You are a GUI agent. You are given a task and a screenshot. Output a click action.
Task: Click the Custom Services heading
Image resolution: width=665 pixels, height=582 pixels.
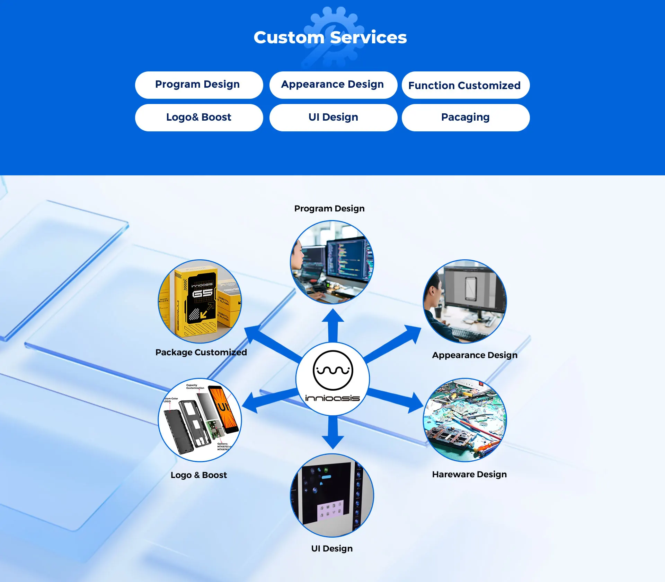(x=330, y=37)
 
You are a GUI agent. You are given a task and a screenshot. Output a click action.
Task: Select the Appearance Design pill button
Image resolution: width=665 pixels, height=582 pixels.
(x=333, y=85)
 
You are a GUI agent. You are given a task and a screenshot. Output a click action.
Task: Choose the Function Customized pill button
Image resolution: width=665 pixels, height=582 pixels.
(x=465, y=85)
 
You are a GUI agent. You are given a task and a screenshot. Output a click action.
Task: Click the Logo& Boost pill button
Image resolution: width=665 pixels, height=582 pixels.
(x=199, y=118)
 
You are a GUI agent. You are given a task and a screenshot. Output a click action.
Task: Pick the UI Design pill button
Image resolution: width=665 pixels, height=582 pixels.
(x=333, y=118)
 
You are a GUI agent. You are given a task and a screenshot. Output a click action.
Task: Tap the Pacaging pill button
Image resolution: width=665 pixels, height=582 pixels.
(x=465, y=118)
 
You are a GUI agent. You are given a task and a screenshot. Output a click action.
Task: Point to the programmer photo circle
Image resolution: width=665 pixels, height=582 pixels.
(x=332, y=262)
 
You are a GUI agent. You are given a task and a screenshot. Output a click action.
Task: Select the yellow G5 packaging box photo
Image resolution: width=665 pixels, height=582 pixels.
(x=200, y=301)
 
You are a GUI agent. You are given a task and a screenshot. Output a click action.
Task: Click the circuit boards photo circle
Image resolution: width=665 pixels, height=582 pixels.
(x=464, y=420)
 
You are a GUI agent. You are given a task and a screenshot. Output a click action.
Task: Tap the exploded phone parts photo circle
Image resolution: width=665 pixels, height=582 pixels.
(x=200, y=420)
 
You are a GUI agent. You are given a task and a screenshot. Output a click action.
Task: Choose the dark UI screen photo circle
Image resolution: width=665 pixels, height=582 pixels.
(x=332, y=495)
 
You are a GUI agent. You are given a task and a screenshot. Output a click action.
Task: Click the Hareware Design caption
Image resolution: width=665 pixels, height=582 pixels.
(x=469, y=474)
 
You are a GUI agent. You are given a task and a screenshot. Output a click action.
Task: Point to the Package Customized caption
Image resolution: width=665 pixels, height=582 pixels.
(x=201, y=352)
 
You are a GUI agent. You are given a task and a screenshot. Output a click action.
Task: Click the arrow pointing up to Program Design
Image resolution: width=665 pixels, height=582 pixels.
(x=333, y=324)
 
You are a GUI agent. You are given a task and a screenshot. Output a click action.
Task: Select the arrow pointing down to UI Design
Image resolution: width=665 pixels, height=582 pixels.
(x=333, y=433)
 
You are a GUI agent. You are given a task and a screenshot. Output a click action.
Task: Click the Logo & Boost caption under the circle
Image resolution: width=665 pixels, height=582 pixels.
(x=198, y=475)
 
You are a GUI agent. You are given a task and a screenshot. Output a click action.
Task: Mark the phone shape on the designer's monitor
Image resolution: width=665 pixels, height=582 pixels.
(x=471, y=289)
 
